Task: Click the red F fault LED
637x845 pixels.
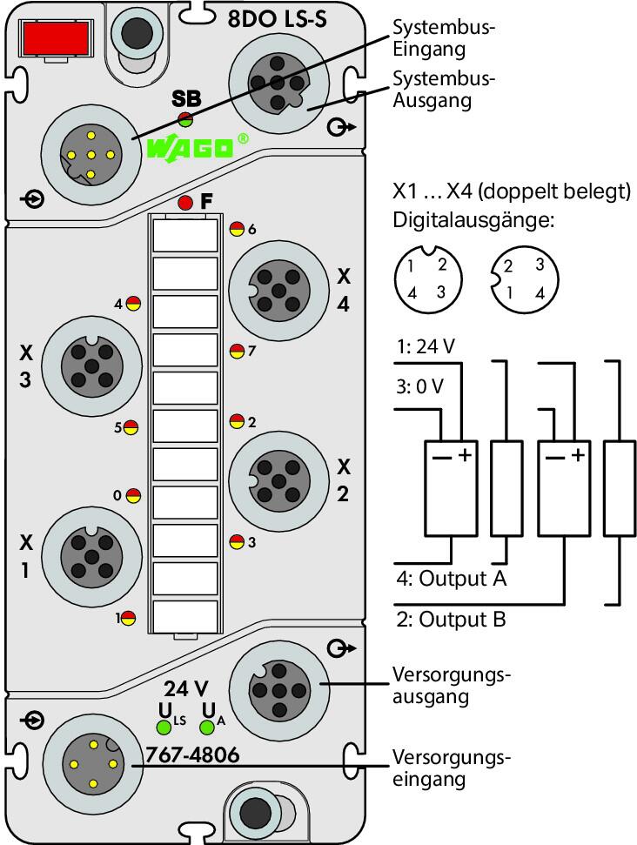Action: pos(185,203)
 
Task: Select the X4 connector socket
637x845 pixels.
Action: pos(278,291)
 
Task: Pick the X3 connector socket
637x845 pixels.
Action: pos(92,366)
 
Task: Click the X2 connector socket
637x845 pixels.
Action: pos(278,480)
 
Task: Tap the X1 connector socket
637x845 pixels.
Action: pos(92,557)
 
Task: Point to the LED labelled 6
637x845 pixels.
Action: pos(237,229)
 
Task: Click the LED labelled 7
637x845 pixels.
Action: pos(237,352)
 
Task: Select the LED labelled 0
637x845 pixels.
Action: pos(133,495)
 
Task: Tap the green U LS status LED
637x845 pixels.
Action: pos(164,728)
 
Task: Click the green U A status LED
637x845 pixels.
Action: pos(207,728)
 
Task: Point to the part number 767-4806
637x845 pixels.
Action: pos(192,754)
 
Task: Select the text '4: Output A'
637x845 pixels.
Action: pos(452,578)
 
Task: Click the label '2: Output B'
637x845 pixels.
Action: pos(452,619)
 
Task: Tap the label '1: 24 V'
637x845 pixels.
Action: pos(426,346)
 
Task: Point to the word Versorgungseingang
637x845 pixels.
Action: pos(452,768)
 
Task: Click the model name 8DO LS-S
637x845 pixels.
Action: pos(278,19)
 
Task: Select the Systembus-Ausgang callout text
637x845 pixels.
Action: pos(444,90)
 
